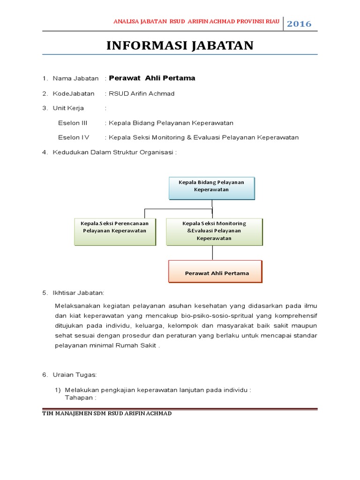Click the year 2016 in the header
[299, 24]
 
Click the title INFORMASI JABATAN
[180, 45]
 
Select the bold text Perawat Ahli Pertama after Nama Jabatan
[152, 78]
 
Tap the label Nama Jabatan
[75, 78]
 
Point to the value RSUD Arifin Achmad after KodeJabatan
[142, 94]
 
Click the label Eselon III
[73, 123]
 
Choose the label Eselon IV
[74, 137]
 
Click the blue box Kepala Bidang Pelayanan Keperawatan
[211, 186]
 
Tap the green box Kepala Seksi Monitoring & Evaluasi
[214, 231]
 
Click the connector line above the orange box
[213, 253]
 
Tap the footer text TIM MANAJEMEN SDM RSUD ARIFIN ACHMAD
[107, 413]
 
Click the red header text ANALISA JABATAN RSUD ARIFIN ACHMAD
[197, 22]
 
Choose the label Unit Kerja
[68, 108]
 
